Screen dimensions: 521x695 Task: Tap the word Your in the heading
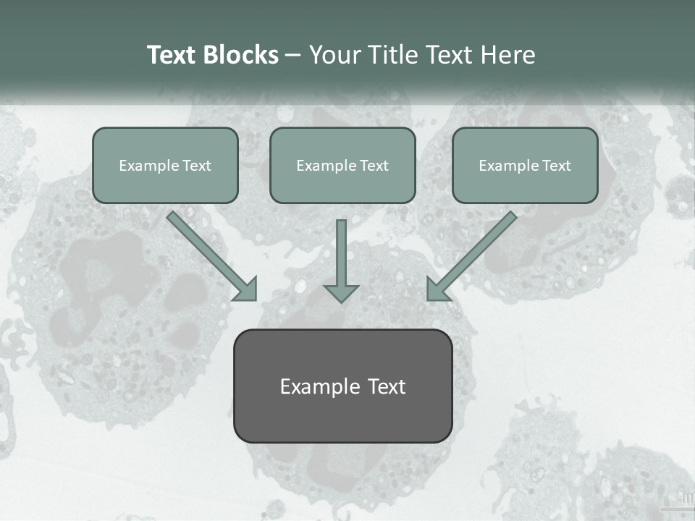(x=335, y=55)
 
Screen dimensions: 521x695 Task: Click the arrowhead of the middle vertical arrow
(x=341, y=293)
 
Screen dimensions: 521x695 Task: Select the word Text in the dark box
(x=387, y=386)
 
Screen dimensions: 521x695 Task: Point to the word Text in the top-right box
(x=556, y=166)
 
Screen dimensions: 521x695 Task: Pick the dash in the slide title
(x=293, y=56)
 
